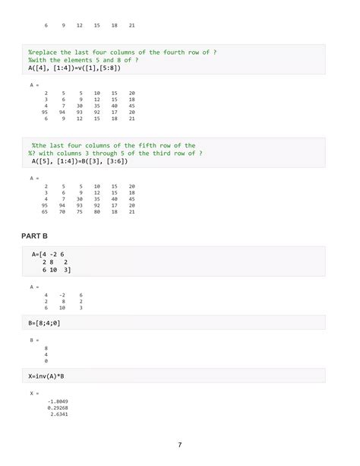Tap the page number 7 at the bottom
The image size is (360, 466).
click(x=180, y=445)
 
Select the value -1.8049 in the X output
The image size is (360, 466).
click(x=58, y=401)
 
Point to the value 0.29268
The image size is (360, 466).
click(x=58, y=407)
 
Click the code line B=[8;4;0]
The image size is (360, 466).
click(x=48, y=323)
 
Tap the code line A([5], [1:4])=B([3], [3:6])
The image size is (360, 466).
click(x=81, y=162)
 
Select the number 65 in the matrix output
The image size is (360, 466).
click(x=46, y=212)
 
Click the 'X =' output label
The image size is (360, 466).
click(x=34, y=393)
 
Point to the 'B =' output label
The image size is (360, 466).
click(x=34, y=341)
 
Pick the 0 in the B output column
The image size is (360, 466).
click(x=47, y=361)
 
